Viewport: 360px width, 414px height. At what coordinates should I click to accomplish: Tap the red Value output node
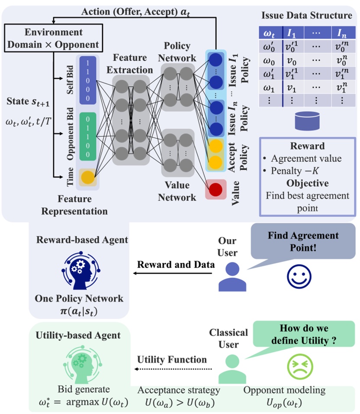point(216,190)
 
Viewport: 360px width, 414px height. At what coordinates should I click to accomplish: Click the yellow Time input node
point(88,178)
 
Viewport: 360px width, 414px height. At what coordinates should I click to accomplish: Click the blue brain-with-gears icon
point(80,271)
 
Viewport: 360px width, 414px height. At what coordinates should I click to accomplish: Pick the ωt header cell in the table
point(270,33)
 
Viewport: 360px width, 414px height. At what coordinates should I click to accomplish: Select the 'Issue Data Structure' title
point(306,16)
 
